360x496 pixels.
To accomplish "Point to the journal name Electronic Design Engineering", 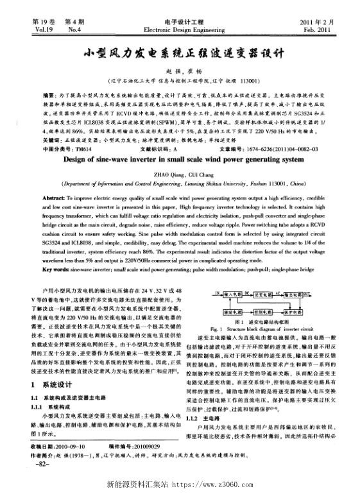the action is coord(179,30).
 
